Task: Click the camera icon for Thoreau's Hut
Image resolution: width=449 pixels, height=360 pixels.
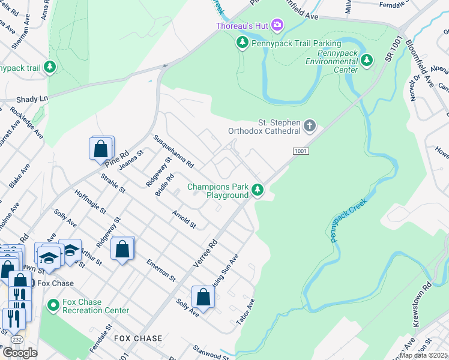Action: pyautogui.click(x=277, y=25)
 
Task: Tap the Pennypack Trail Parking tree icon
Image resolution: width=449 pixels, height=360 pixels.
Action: pyautogui.click(x=242, y=43)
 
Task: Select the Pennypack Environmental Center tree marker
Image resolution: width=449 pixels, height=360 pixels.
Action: pyautogui.click(x=367, y=61)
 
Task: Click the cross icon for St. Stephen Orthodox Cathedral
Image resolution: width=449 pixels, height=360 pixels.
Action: pyautogui.click(x=309, y=125)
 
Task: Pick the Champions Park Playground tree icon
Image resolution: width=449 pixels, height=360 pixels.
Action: pyautogui.click(x=258, y=190)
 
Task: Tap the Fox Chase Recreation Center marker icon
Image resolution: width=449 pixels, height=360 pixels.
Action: pyautogui.click(x=53, y=306)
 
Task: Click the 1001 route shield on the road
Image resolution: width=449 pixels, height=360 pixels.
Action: pyautogui.click(x=301, y=152)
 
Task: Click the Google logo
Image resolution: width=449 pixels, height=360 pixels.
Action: pyautogui.click(x=20, y=353)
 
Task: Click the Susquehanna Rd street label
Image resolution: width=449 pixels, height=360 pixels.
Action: pyautogui.click(x=173, y=151)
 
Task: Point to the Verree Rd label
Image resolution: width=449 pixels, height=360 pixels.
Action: pyautogui.click(x=205, y=254)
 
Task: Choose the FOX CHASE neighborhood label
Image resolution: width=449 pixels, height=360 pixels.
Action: pyautogui.click(x=138, y=338)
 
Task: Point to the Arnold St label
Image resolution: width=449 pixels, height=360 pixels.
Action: pyautogui.click(x=184, y=219)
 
